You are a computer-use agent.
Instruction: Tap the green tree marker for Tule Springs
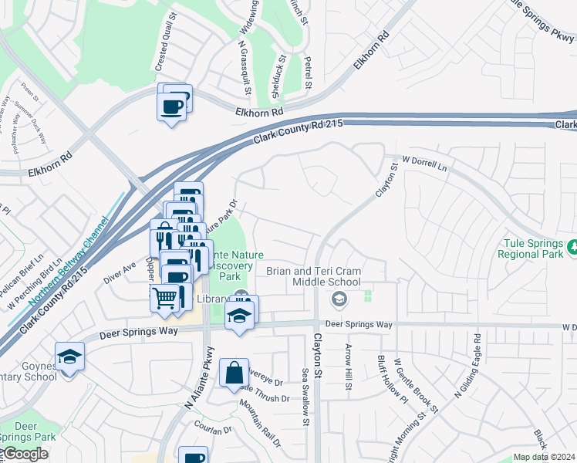pos(572,248)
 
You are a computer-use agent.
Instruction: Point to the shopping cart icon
pos(164,296)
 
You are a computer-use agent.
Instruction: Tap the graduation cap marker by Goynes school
pos(69,357)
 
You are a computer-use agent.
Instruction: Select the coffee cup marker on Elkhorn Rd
pos(172,106)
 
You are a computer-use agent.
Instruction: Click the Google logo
pos(25,454)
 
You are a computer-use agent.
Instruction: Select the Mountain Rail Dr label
pos(259,424)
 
